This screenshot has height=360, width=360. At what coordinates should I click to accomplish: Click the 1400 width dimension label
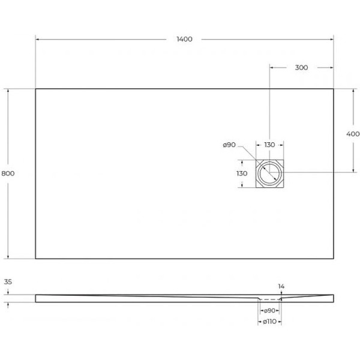pos(184,39)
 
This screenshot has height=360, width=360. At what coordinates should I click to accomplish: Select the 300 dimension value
pos(301,67)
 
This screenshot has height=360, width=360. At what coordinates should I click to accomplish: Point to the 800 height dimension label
pos(8,173)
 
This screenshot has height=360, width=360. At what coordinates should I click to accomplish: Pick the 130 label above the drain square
pos(269,145)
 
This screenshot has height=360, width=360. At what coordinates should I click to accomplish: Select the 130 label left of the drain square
pos(242,173)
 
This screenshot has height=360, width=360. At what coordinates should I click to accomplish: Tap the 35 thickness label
pos(8,281)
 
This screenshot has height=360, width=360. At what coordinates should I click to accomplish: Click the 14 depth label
pos(283,286)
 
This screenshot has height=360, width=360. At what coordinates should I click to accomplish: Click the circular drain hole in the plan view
pos(269,173)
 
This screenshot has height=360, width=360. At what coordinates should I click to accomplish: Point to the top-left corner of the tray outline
pos(35,89)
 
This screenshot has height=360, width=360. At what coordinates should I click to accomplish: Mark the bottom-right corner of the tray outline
pos(334,259)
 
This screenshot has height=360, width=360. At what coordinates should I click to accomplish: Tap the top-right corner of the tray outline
pos(334,89)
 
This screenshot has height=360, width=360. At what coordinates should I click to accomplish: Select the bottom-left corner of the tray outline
pos(35,259)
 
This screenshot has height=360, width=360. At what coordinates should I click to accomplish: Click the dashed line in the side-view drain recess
pos(271,299)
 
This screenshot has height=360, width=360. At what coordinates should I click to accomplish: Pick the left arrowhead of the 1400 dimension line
pos(38,40)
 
